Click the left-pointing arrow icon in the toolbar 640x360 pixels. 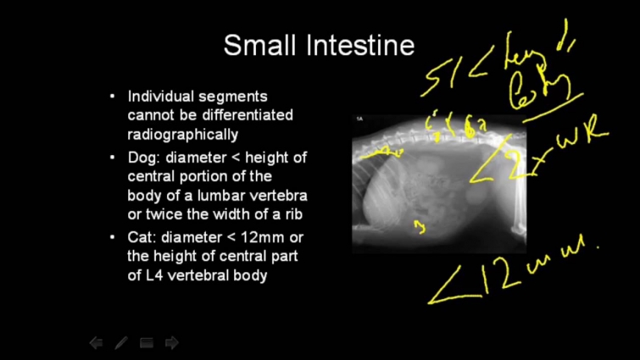[96, 343]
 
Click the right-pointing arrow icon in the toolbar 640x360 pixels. [171, 343]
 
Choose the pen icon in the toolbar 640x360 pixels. [121, 343]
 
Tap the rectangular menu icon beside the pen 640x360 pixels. [146, 343]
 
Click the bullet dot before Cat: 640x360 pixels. [114, 236]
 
